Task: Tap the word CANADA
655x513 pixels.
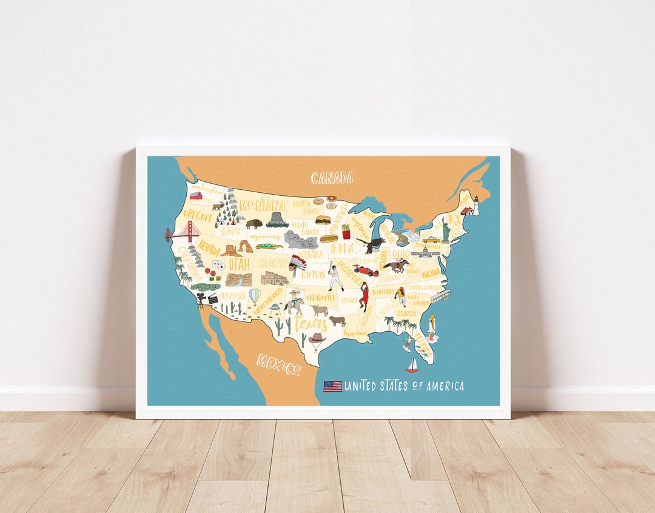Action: tap(332, 178)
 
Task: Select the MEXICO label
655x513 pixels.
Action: tap(278, 364)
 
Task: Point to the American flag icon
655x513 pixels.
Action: tap(332, 386)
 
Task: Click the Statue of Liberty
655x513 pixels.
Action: tap(446, 230)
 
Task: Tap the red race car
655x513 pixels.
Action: tap(366, 270)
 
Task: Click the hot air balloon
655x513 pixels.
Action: tap(255, 296)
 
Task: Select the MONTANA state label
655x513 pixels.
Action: tap(263, 206)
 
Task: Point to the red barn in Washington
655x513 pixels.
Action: tap(196, 195)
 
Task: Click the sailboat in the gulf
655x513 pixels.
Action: tap(412, 366)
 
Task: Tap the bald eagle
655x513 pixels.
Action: tap(371, 244)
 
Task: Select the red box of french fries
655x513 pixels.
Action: tap(346, 231)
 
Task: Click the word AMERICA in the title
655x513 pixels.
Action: tap(444, 386)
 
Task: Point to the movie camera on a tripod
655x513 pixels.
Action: tap(200, 300)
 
